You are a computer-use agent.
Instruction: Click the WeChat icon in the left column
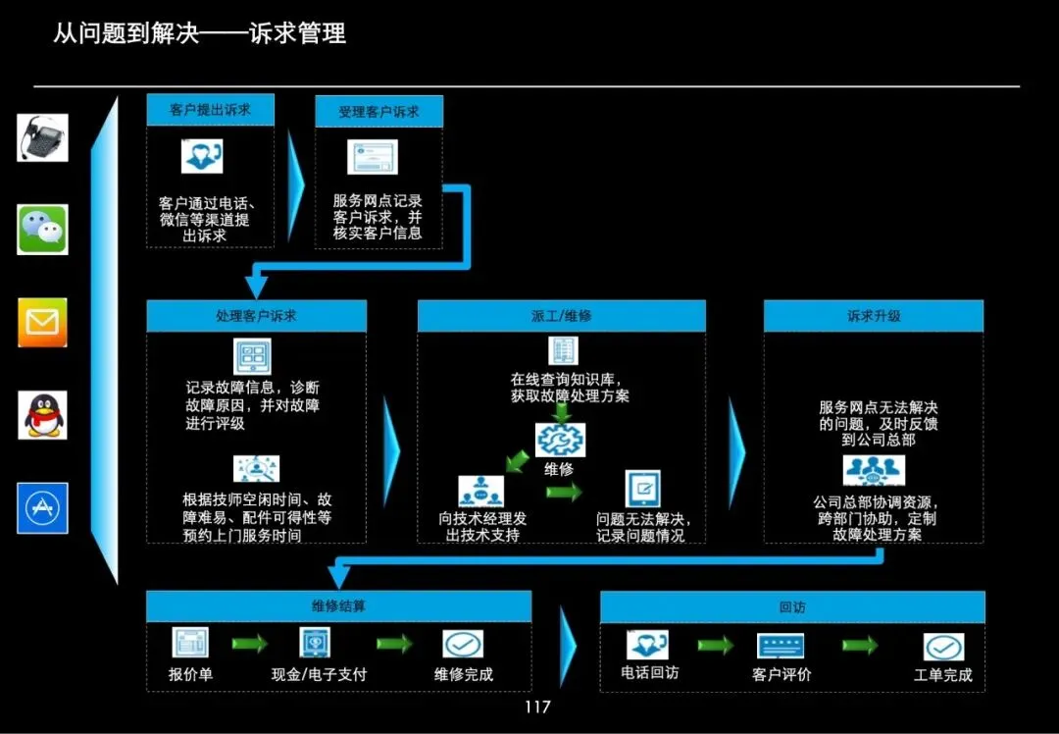point(42,230)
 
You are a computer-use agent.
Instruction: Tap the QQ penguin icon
point(43,414)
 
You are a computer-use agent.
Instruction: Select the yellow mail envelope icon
point(42,322)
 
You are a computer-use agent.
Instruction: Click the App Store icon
point(42,507)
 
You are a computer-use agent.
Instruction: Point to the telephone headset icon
point(42,137)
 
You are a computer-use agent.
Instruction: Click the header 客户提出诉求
point(210,110)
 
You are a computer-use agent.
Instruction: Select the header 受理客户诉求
point(378,112)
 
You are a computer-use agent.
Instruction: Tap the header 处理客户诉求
point(256,316)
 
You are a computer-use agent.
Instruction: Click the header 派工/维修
point(561,316)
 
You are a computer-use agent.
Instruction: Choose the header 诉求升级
point(873,316)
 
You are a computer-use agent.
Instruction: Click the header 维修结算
point(338,606)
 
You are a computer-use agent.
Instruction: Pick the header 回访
point(791,607)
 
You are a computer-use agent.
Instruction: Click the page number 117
point(537,708)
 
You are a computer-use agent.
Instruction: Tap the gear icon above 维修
point(560,440)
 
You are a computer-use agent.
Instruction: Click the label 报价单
point(190,674)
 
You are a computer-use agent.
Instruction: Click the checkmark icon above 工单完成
point(943,647)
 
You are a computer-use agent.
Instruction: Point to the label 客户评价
point(782,674)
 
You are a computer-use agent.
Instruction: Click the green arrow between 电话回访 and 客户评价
point(715,645)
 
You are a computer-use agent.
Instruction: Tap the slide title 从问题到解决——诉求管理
point(199,33)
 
